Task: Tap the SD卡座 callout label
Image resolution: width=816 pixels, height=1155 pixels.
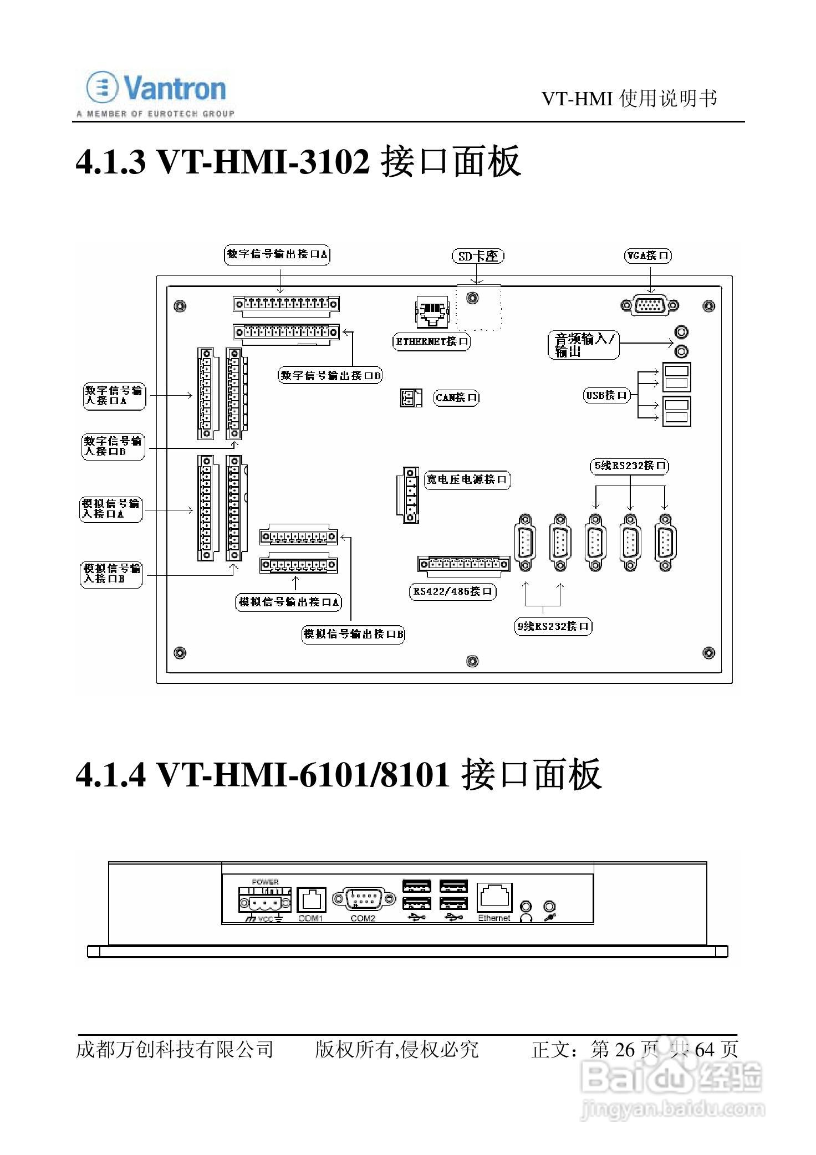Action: pyautogui.click(x=478, y=256)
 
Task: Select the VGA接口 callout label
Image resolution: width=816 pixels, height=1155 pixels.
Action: pyautogui.click(x=647, y=255)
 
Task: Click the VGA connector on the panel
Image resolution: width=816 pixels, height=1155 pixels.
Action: pyautogui.click(x=650, y=305)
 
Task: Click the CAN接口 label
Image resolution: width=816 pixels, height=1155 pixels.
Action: pyautogui.click(x=456, y=398)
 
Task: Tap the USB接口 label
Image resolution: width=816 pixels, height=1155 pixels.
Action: pyautogui.click(x=607, y=396)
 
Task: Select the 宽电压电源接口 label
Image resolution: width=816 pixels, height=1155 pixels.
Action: pyautogui.click(x=467, y=479)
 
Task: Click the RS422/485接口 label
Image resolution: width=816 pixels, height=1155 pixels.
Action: pyautogui.click(x=452, y=592)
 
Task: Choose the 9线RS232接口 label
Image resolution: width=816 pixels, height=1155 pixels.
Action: pyautogui.click(x=553, y=627)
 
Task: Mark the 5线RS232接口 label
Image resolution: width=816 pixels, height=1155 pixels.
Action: pyautogui.click(x=629, y=466)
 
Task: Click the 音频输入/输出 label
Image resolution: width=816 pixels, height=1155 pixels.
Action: pyautogui.click(x=584, y=345)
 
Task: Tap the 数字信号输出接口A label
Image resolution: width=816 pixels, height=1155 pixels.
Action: pyautogui.click(x=278, y=254)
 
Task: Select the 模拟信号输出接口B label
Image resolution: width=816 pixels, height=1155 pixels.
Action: pyautogui.click(x=353, y=634)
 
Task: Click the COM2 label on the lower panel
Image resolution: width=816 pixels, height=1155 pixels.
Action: pyautogui.click(x=363, y=918)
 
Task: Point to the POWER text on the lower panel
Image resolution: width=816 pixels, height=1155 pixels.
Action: pyautogui.click(x=266, y=882)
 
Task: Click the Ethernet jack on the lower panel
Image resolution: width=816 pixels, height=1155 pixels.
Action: pyautogui.click(x=494, y=899)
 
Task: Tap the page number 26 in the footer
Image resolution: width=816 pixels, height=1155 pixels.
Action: pyautogui.click(x=624, y=1049)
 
